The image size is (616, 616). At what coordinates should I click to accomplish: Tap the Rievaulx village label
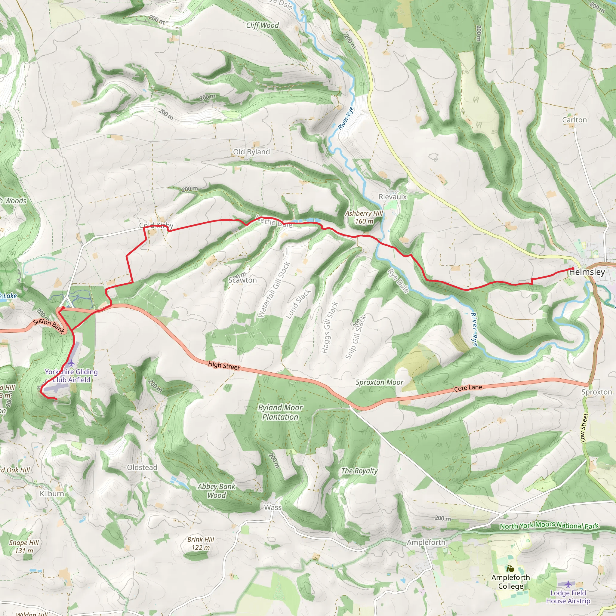(x=393, y=197)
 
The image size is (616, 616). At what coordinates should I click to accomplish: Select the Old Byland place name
(x=251, y=152)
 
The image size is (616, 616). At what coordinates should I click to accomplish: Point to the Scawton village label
(x=242, y=280)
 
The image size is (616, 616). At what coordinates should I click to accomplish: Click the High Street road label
(x=223, y=366)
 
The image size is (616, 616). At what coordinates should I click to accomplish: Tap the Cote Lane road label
(x=468, y=388)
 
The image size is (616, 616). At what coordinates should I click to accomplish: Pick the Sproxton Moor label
(x=379, y=382)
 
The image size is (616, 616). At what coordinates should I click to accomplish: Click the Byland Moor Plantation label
(x=280, y=412)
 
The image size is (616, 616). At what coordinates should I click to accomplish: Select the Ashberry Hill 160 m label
(x=364, y=217)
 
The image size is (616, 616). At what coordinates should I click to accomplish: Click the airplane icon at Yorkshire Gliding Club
(x=71, y=363)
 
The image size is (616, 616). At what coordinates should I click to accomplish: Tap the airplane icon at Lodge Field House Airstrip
(x=568, y=584)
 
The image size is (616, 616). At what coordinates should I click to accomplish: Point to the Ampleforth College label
(x=510, y=582)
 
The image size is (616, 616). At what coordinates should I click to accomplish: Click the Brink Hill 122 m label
(x=201, y=543)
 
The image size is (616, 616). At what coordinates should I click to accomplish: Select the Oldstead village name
(x=142, y=467)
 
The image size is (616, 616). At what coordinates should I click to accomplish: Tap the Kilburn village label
(x=52, y=494)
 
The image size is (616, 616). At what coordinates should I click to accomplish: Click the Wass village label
(x=273, y=507)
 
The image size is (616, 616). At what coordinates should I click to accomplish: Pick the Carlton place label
(x=574, y=120)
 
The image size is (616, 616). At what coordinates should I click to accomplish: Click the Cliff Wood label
(x=262, y=26)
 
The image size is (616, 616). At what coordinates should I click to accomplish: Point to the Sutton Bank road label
(x=49, y=326)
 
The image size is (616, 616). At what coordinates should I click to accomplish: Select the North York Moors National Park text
(x=549, y=525)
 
